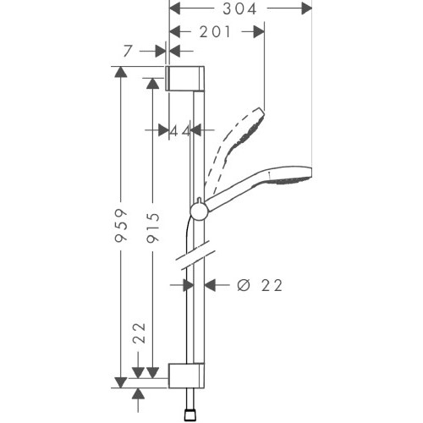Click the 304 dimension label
point(239,8)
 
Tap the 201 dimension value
point(215,32)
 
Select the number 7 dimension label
point(128,51)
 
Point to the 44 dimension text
point(180,131)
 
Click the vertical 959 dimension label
point(121,225)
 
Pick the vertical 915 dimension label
point(153,228)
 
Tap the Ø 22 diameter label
point(260,285)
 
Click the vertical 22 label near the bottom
point(139,333)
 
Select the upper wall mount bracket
point(184,79)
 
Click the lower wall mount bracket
point(186,376)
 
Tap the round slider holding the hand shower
point(200,211)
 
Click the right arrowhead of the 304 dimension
point(306,8)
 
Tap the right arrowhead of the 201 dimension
point(259,31)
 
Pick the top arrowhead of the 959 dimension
point(121,72)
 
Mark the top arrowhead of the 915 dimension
point(152,84)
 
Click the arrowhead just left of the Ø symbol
point(210,285)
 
